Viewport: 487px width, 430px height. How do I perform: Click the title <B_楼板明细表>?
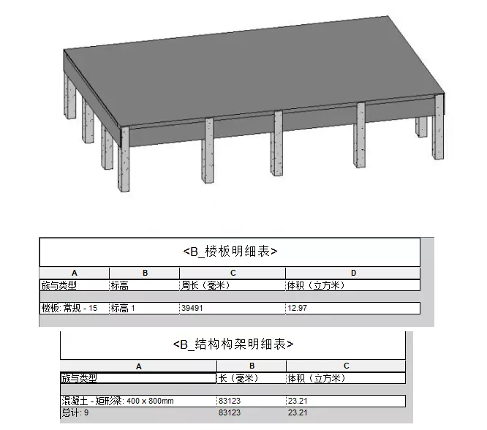pos(230,252)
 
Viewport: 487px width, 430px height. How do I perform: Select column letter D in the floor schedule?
pos(352,274)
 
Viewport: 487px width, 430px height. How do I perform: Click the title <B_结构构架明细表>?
pos(233,344)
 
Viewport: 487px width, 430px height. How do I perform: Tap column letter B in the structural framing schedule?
pos(252,366)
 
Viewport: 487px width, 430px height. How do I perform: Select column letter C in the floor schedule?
pos(232,274)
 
